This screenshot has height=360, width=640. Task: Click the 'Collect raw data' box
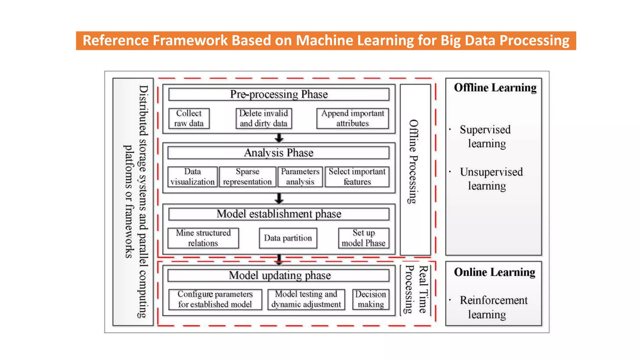tap(189, 118)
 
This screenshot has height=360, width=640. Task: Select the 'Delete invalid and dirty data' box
tap(263, 118)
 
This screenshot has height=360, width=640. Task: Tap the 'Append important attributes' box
tap(352, 118)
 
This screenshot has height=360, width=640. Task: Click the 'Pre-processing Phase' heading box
tap(279, 94)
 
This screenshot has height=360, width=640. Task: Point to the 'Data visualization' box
tap(192, 177)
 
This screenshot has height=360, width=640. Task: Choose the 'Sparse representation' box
tap(247, 177)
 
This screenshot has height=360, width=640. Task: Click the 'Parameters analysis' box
tap(300, 177)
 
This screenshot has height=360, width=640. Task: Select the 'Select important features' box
tap(357, 177)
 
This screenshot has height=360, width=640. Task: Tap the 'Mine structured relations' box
tap(203, 238)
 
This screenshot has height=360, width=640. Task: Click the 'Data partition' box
tap(288, 238)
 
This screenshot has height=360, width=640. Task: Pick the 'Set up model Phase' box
tap(363, 238)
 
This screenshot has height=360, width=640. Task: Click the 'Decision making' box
tap(371, 299)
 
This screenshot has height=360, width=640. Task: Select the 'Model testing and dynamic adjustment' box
tap(306, 299)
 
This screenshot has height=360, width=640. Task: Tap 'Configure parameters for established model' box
tap(215, 299)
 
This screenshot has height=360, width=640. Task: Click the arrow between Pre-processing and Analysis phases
tap(279, 138)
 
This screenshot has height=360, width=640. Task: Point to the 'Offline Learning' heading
tap(495, 88)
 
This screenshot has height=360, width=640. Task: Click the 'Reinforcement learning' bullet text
tap(493, 307)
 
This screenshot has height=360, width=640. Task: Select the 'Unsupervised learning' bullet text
tap(491, 179)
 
